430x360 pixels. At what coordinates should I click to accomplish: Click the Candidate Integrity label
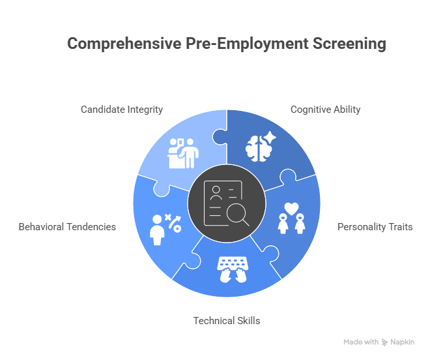122,110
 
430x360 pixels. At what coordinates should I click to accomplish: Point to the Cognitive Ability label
325,110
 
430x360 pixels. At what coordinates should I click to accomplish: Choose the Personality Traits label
375,227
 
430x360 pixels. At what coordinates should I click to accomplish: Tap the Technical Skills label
227,320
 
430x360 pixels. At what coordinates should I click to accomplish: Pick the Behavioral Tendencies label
67,227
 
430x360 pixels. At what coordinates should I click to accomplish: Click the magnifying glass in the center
235,213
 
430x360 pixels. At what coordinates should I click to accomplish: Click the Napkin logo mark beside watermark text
385,342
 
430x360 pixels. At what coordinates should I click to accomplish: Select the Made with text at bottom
361,342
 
